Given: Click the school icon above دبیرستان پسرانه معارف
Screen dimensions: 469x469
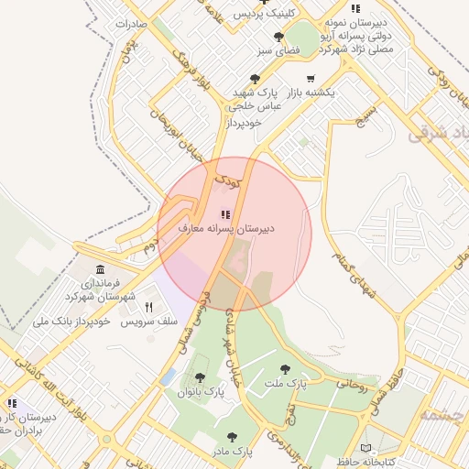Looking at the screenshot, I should pyautogui.click(x=227, y=213).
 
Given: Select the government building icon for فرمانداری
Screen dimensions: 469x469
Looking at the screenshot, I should pyautogui.click(x=100, y=270).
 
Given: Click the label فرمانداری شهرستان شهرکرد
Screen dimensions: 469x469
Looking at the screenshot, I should pyautogui.click(x=100, y=290).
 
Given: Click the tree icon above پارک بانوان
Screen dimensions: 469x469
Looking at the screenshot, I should pyautogui.click(x=200, y=377).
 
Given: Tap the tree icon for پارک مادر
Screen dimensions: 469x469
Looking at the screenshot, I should pyautogui.click(x=231, y=437).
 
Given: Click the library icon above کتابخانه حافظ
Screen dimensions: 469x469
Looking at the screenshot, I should pyautogui.click(x=366, y=448).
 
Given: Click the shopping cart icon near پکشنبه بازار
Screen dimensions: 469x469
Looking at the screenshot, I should pyautogui.click(x=311, y=79).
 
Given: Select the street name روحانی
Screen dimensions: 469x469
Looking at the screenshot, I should pyautogui.click(x=353, y=386).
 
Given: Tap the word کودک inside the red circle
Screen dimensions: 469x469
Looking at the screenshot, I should pyautogui.click(x=225, y=183).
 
